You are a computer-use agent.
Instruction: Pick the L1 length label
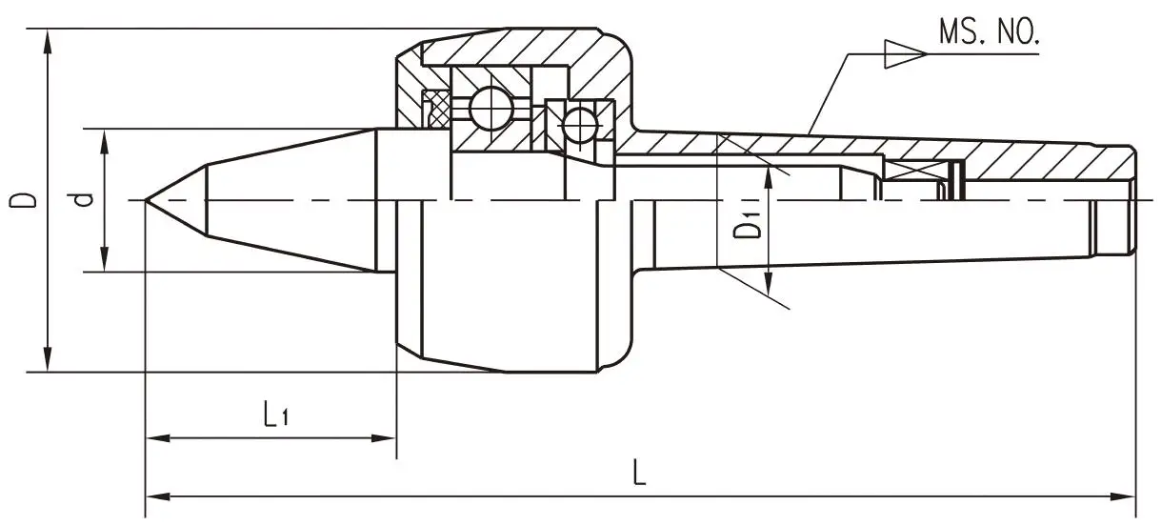point(275,415)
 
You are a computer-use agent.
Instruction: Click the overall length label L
point(640,473)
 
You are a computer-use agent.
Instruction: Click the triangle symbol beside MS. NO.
point(904,54)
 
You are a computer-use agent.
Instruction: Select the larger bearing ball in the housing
point(490,110)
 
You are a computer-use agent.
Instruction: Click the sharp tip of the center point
point(147,200)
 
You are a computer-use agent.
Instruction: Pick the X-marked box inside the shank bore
point(915,172)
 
